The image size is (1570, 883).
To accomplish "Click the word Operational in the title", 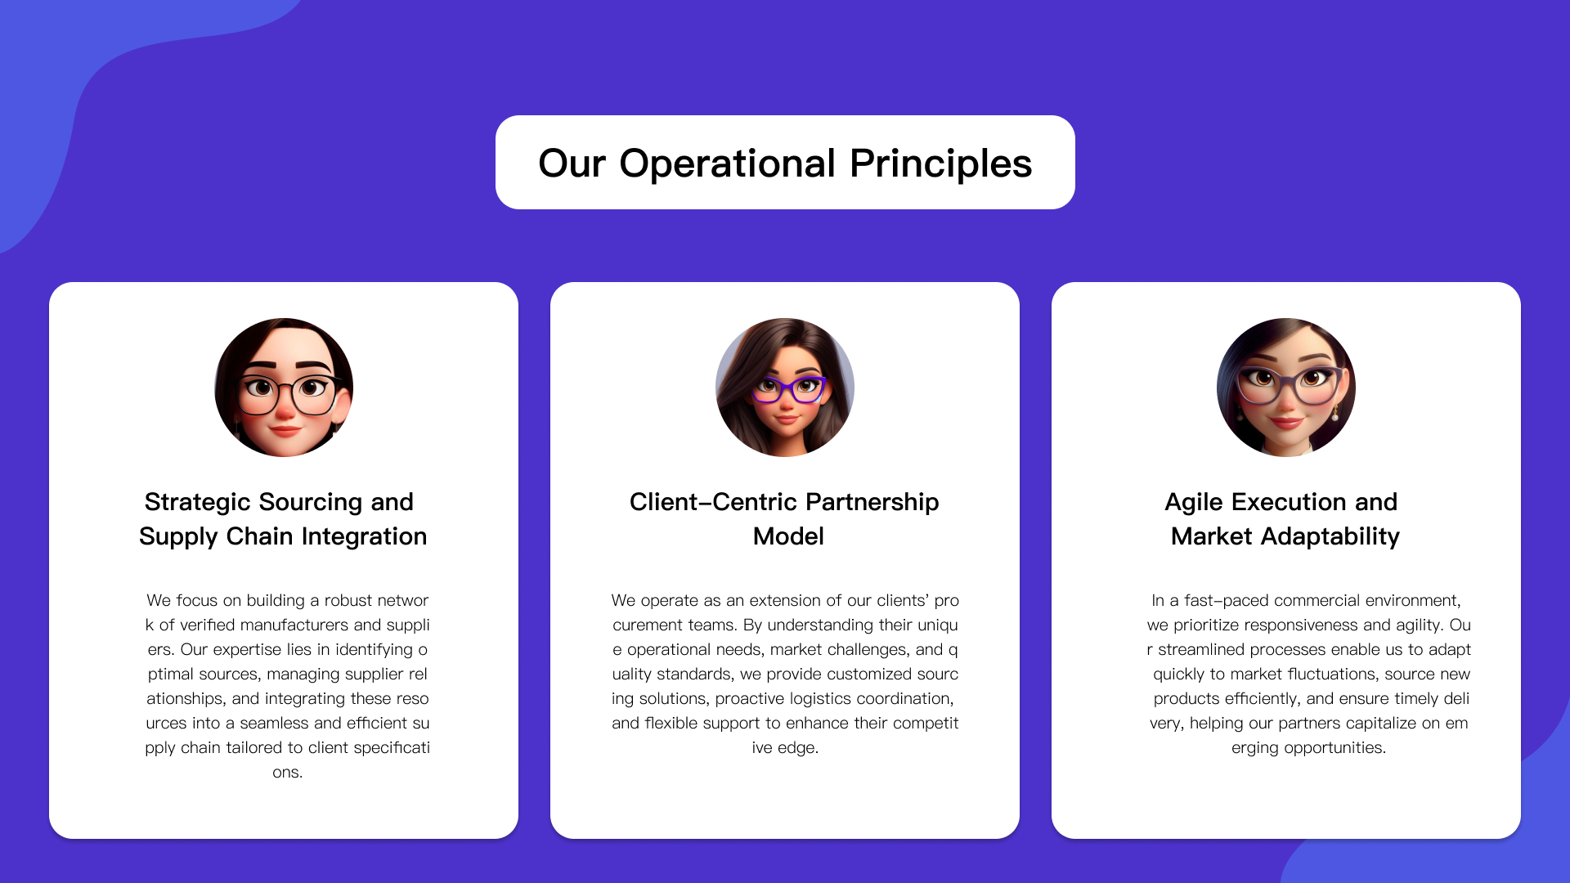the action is [728, 164].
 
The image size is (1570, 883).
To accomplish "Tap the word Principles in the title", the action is [941, 164].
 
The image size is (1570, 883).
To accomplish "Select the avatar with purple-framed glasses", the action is [785, 388].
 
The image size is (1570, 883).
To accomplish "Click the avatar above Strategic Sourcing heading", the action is [284, 388].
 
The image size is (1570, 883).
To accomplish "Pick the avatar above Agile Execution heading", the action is [1286, 388].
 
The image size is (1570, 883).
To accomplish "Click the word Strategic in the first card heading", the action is [198, 502].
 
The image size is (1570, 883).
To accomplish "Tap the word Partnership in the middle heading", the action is [877, 502].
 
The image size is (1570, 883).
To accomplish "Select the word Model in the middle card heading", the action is [788, 536].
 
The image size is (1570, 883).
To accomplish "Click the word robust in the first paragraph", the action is [348, 600].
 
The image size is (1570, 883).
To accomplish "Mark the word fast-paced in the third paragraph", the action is [1227, 600].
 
